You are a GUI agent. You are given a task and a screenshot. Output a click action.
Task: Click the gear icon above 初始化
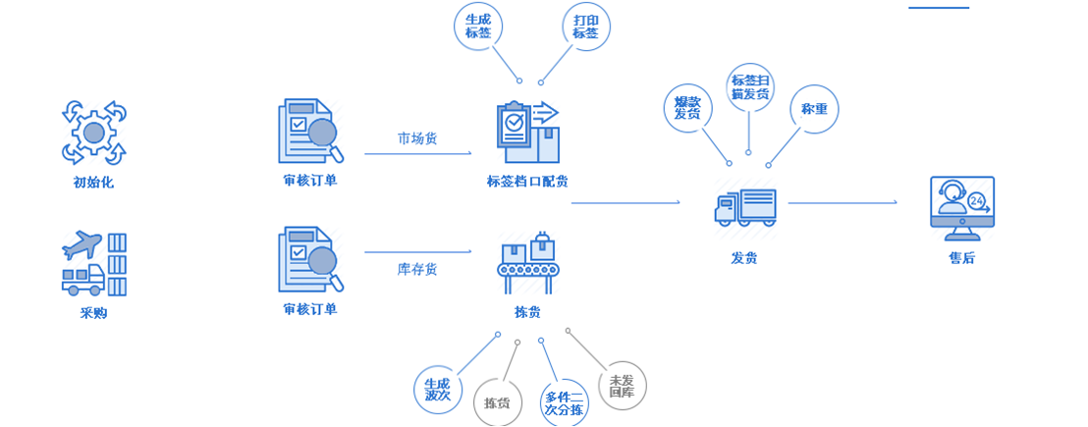coord(94,132)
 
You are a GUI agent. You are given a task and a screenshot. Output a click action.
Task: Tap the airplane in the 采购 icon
coord(82,245)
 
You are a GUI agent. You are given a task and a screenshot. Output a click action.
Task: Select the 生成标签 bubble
coord(478,26)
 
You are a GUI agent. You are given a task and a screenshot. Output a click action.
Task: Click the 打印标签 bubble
coord(585,26)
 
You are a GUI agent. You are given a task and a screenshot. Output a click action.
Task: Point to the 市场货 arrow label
coord(417,138)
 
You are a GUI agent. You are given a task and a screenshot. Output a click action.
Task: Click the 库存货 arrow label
coord(417,268)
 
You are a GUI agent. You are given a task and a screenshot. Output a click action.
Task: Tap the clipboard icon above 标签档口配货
coord(526,132)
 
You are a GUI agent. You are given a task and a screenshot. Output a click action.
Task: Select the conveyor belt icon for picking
coord(527,261)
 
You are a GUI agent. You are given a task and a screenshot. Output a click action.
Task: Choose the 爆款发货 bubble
coord(687,108)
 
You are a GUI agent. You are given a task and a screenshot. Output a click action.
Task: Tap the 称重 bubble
coord(814,109)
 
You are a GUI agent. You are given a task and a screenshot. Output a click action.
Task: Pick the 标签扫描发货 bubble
coord(750,87)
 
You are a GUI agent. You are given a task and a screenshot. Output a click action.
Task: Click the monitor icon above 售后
coord(961,208)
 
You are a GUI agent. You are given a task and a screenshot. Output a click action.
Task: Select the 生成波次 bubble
coord(438,389)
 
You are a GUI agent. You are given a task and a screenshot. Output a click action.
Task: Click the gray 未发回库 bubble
coord(622,386)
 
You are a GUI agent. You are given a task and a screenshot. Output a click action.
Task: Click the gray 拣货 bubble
coord(498,402)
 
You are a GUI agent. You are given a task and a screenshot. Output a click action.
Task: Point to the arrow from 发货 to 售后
coord(843,203)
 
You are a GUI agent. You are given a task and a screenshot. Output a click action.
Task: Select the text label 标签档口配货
coord(527,181)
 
